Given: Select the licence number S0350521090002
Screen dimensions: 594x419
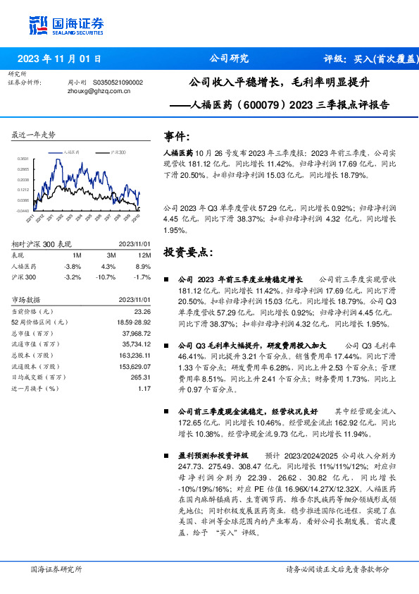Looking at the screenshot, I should pyautogui.click(x=118, y=82).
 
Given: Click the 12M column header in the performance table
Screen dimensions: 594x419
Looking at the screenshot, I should pyautogui.click(x=146, y=255).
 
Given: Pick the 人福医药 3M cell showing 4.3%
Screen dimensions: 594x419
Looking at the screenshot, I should pyautogui.click(x=107, y=267).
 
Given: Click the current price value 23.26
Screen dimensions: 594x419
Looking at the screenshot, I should pyautogui.click(x=142, y=311).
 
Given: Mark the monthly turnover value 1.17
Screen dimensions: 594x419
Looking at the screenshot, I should pyautogui.click(x=144, y=389).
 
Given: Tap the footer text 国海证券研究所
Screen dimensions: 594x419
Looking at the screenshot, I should pyautogui.click(x=57, y=569).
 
